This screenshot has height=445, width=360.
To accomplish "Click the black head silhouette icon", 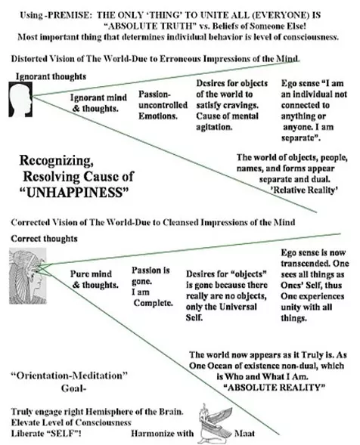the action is pos(20,99).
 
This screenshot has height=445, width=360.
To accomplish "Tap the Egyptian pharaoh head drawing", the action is pos(27,276).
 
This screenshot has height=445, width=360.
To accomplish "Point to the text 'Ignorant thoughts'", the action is pos(51,76).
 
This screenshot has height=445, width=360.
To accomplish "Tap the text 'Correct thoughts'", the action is pos(44,239).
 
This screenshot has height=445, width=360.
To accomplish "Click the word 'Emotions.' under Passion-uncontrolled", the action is pos(158,116).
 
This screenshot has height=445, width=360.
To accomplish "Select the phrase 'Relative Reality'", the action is pos(305,190).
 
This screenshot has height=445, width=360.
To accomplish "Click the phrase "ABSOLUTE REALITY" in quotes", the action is pos(275,388).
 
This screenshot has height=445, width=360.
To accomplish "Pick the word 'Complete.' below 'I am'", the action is pos(153,303).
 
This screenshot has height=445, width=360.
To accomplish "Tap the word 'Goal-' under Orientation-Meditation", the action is pos(73,388).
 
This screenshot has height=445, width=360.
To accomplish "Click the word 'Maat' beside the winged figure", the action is pos(244,434).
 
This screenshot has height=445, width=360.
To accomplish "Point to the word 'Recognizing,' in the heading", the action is pos(56,161).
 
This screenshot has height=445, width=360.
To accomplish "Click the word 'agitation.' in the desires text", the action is pos(214,127).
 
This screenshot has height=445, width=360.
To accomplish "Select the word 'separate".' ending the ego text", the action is pos(301,138).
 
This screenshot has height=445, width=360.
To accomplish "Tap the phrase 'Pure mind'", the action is pos(91,273).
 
